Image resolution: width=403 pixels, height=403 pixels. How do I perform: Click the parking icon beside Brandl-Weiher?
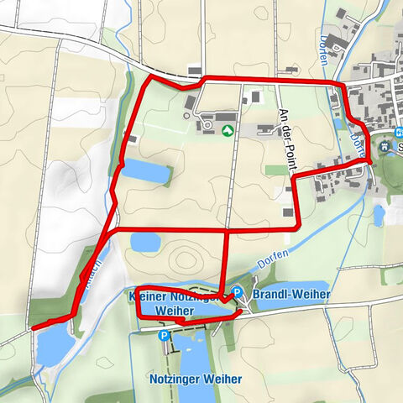(238, 292)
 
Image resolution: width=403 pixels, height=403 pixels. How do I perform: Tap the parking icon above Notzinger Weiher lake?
(165, 335)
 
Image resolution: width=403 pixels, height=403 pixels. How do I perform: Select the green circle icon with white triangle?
(227, 130)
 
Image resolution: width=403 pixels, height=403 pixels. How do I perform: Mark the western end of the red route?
(32, 328)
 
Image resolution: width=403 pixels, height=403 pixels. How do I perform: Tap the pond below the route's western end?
(53, 344)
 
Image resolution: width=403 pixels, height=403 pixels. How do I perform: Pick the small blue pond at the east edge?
(379, 215)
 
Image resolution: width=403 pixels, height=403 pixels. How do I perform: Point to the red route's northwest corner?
(149, 78)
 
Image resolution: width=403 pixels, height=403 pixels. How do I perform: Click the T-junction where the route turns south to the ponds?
(228, 228)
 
